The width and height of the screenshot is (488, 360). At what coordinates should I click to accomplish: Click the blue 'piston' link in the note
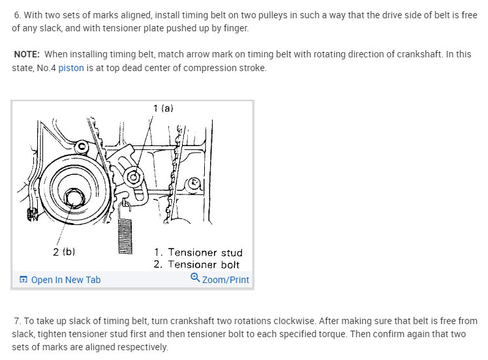coord(71,68)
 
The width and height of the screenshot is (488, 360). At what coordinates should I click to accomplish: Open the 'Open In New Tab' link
coord(66,280)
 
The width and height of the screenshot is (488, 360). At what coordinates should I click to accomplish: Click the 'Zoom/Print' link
coord(226,280)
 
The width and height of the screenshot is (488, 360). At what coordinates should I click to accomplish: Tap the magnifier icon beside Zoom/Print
coord(194,278)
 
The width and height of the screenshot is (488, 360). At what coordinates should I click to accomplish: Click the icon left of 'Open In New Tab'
coord(23,280)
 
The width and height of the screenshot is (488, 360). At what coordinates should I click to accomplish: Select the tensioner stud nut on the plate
coord(134,176)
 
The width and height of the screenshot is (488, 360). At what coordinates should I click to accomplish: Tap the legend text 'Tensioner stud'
coord(205,252)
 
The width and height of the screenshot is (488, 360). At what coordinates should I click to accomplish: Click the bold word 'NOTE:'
coord(27,54)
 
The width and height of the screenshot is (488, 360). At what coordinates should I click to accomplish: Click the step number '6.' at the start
coord(18,15)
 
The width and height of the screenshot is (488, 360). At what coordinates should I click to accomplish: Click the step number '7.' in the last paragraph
coord(18,322)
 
